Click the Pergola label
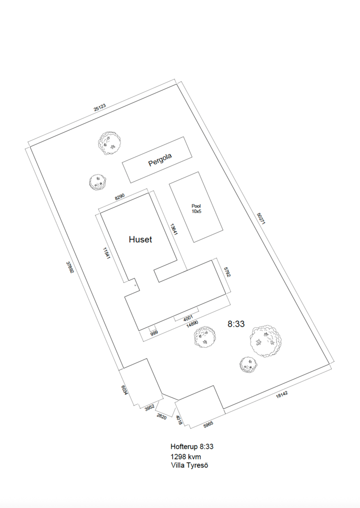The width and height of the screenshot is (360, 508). pos(160,159)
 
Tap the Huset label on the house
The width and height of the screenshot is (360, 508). pos(140,239)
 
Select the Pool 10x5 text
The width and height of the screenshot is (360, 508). pos(196,208)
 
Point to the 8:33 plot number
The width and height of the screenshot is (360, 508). pos(236,324)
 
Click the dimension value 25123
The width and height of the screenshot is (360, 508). pos(100,108)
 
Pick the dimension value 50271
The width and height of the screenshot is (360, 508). pos(261,219)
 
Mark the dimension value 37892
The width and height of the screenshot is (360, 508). pos(70,267)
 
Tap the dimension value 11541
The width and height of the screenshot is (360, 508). pos(107,254)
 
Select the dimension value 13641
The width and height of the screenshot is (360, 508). pos(174,229)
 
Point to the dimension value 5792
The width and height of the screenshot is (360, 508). pos(227,271)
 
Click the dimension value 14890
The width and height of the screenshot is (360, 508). pos(192,324)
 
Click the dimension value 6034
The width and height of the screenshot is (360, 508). pos(124,390)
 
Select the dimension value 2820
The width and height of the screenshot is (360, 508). pos(161,417)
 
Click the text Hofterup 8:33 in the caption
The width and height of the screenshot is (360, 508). pos(192,446)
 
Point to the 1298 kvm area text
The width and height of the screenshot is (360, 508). pos(186,457)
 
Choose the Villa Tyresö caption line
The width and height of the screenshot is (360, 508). pos(190,466)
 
